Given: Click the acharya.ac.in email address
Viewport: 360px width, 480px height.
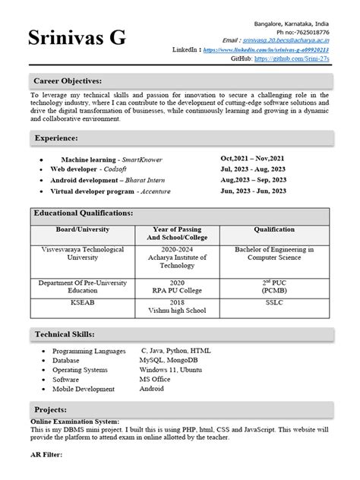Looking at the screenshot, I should tap(291, 40).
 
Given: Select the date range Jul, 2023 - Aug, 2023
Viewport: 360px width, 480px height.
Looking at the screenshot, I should tap(253, 169).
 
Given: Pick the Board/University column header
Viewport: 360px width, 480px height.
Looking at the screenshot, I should tap(83, 229).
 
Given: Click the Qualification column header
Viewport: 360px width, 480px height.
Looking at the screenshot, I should tap(274, 229).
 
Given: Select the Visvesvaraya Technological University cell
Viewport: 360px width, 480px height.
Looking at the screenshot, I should tap(83, 253).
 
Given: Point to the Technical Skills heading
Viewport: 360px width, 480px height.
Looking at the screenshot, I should tap(65, 334).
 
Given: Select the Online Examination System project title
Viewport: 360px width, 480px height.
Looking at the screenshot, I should tap(74, 421).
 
